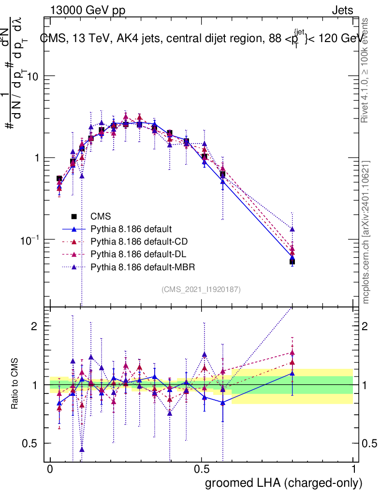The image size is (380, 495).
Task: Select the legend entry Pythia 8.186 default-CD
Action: tap(138, 241)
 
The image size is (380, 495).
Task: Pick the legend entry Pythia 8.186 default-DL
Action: tap(138, 254)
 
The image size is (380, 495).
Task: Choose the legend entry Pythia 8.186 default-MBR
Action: tap(141, 266)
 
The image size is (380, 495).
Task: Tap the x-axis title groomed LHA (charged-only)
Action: tap(284, 482)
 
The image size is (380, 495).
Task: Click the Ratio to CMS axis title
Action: tap(15, 385)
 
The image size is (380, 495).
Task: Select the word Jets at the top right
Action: tap(342, 10)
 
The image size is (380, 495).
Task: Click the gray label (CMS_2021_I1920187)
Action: tap(201, 289)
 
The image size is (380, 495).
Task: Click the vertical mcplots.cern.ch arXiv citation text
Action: tap(366, 232)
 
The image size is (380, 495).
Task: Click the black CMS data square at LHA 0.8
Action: tap(292, 262)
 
